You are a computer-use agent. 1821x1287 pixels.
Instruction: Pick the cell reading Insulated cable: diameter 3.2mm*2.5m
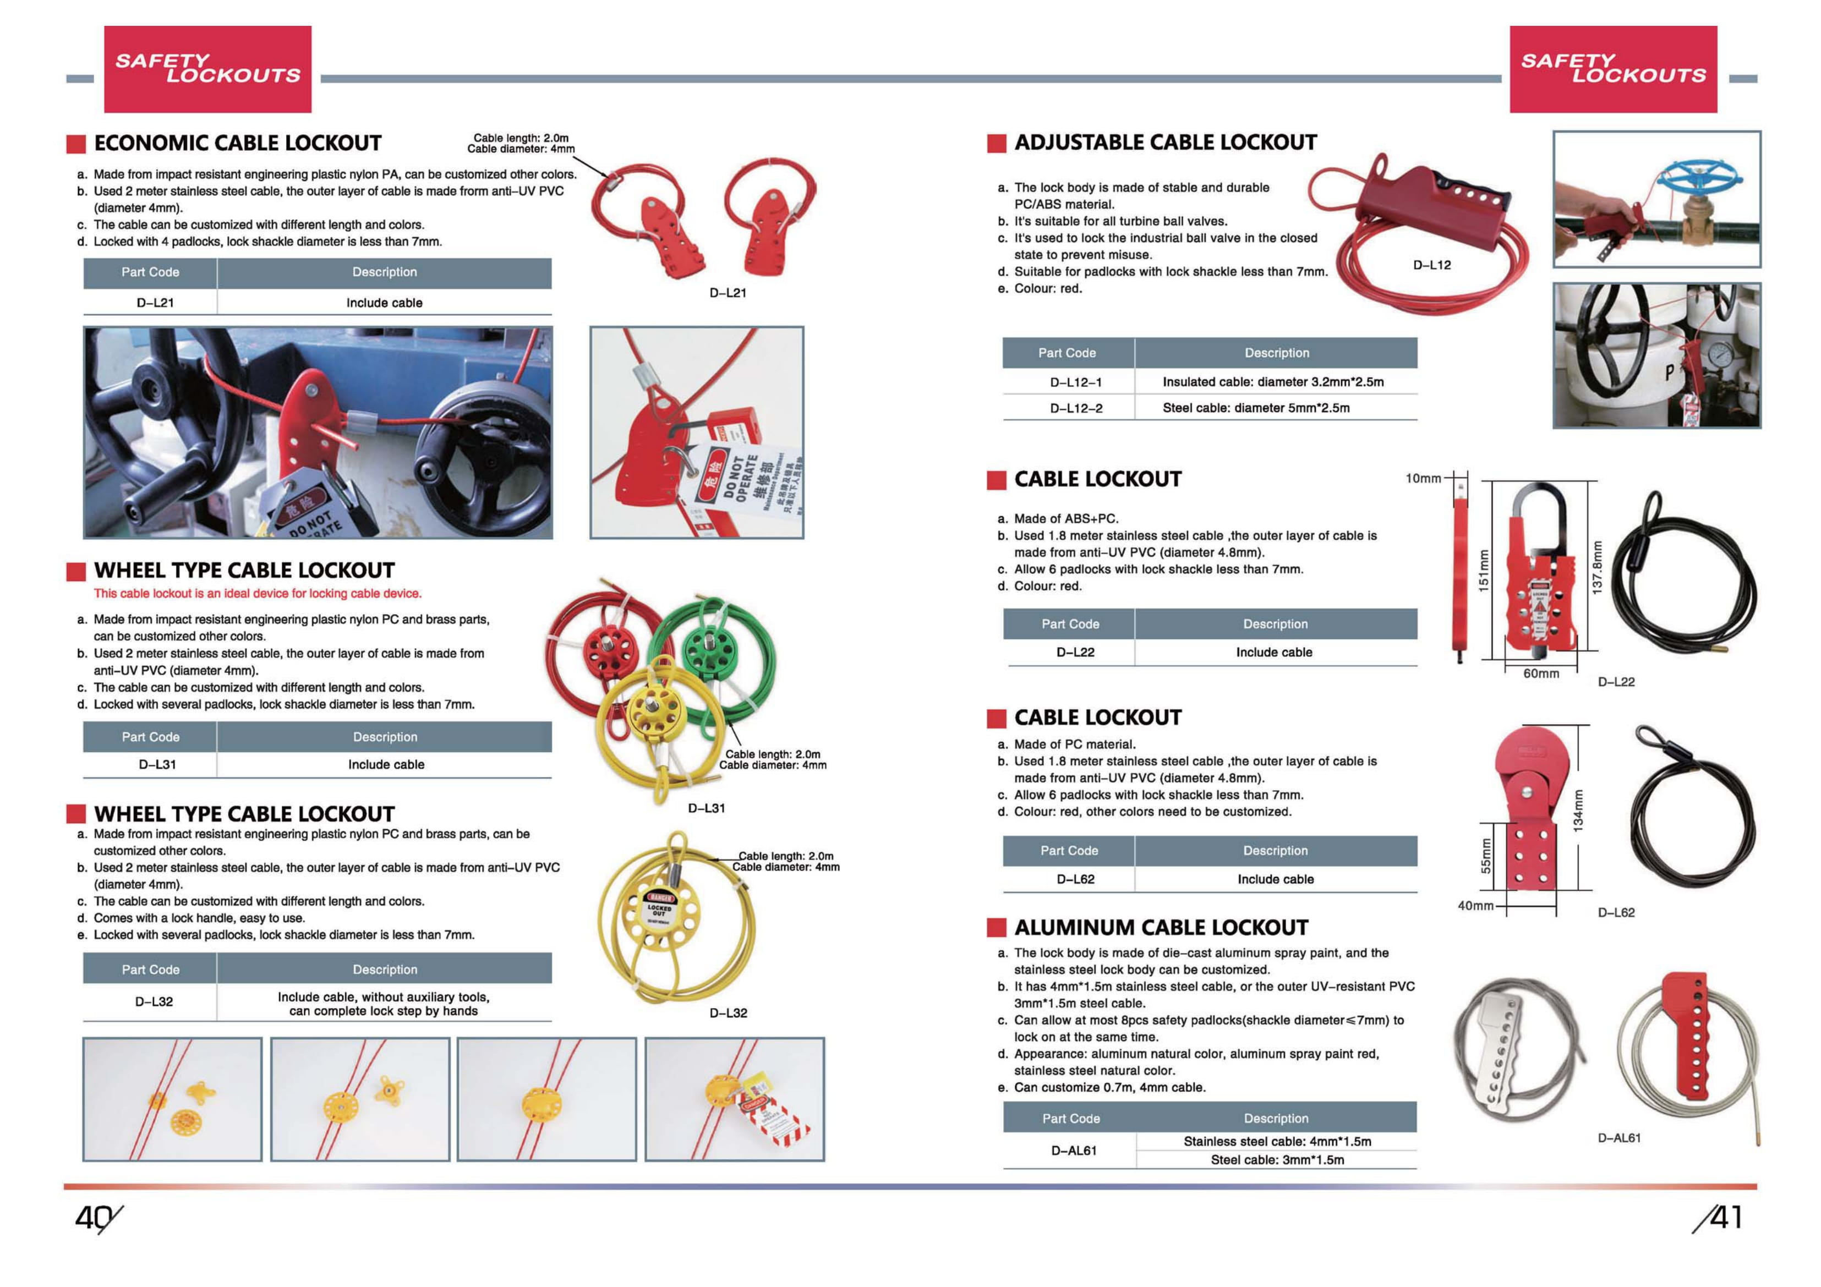pyautogui.click(x=1272, y=381)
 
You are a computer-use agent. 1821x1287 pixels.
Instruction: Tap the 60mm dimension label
pyautogui.click(x=1540, y=673)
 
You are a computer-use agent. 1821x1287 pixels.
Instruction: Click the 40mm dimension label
pyautogui.click(x=1475, y=906)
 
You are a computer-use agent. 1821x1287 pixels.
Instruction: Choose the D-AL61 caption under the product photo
pyautogui.click(x=1618, y=1138)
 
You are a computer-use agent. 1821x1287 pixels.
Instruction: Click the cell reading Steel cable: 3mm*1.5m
pyautogui.click(x=1277, y=1159)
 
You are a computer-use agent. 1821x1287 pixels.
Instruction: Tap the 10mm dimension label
pyautogui.click(x=1423, y=478)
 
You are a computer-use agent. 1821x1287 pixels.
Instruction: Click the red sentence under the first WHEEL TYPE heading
pyautogui.click(x=257, y=593)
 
